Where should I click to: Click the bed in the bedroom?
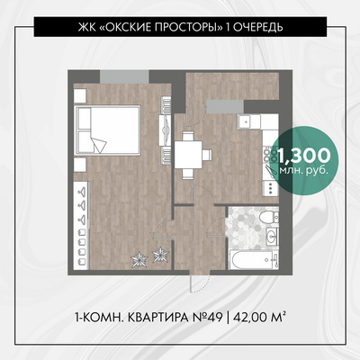108,130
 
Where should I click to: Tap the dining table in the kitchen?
188,156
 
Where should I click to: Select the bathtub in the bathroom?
255,260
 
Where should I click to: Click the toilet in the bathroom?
269,216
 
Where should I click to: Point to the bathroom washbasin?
273,237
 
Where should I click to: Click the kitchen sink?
246,121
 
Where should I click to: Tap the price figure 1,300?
303,156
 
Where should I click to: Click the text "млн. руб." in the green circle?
303,170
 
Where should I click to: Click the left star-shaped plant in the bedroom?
139,259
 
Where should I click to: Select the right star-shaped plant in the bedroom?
161,255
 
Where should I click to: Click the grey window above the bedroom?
124,76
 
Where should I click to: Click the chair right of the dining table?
208,155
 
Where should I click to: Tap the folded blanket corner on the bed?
98,145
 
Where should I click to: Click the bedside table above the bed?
80,95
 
